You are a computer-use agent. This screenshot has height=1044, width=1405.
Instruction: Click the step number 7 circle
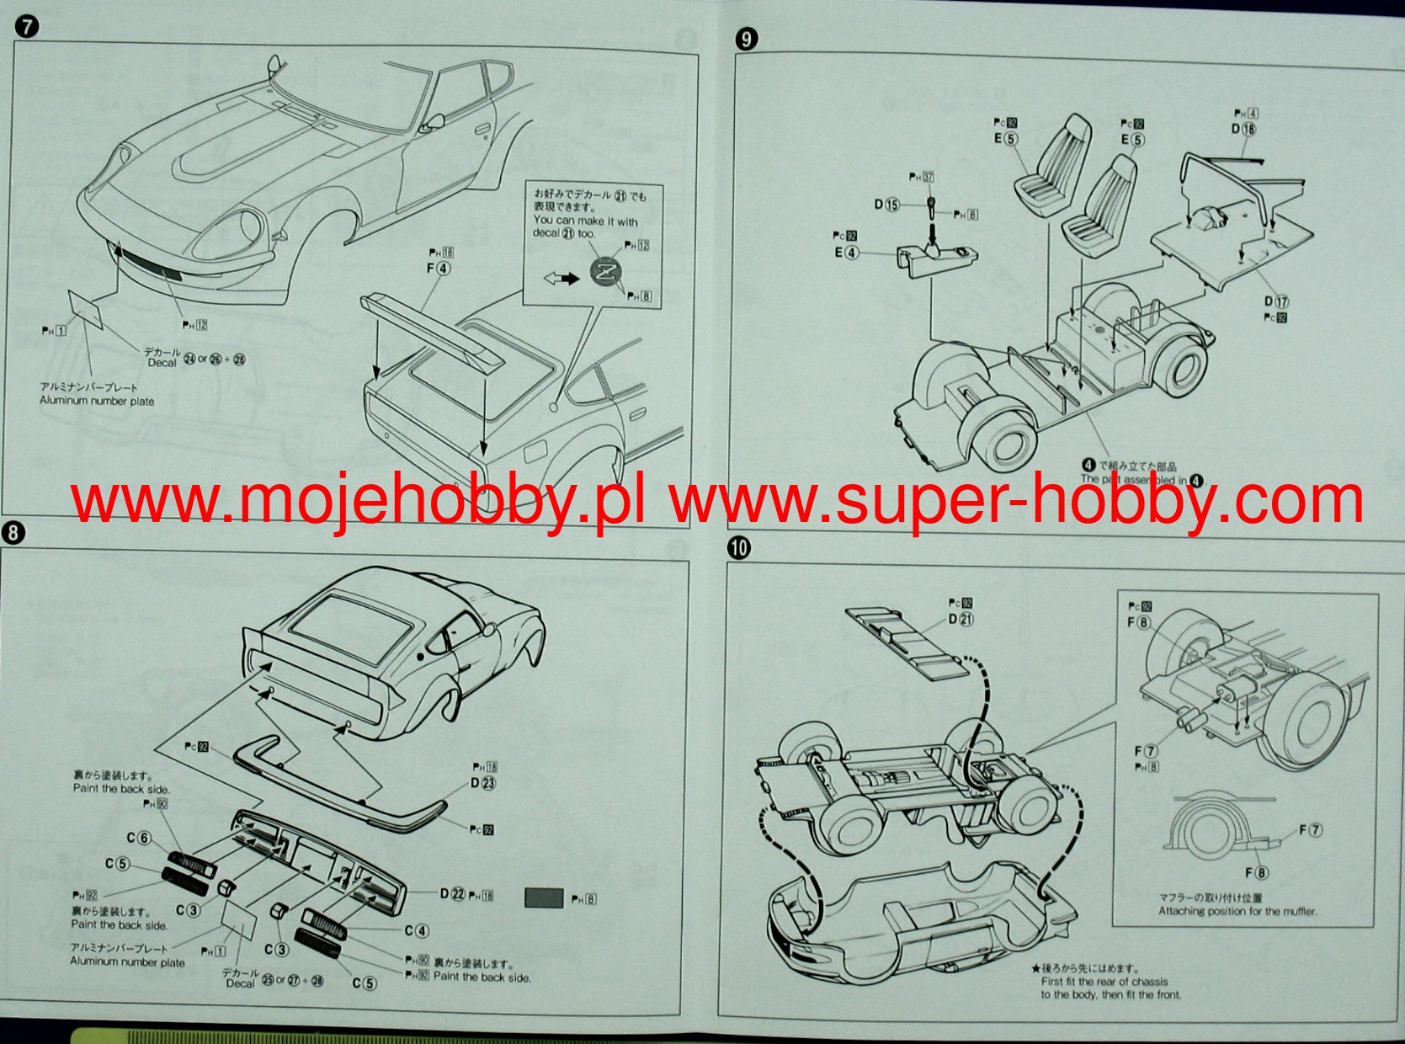26,26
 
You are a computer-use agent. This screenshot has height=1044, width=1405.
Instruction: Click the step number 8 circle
13,532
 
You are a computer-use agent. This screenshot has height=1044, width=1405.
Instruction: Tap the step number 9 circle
746,39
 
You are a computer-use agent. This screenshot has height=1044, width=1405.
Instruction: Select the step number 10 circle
738,548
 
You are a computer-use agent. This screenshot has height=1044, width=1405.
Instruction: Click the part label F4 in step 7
439,269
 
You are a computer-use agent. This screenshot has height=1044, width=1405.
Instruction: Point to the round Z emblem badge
604,272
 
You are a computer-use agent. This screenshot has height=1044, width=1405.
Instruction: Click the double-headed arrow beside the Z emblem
561,277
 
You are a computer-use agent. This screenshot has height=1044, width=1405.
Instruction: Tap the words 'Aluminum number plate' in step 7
97,401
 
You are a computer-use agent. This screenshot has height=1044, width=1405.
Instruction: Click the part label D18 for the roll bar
1243,129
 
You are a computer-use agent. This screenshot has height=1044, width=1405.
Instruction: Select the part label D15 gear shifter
886,205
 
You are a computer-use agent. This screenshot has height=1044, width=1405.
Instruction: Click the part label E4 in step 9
846,252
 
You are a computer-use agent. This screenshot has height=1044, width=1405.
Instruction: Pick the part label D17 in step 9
1275,301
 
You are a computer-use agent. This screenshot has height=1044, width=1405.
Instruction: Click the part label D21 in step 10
961,619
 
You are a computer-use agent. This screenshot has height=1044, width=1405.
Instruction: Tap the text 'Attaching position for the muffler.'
1237,911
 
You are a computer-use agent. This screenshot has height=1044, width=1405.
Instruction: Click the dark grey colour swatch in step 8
543,898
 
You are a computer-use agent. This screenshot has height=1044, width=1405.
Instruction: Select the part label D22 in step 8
452,893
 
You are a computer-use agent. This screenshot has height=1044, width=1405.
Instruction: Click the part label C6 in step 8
139,838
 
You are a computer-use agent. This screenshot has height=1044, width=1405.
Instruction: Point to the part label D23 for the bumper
482,782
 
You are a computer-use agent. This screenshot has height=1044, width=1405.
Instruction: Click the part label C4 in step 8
417,930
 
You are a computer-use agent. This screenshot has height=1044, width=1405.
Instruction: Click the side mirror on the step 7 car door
434,123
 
